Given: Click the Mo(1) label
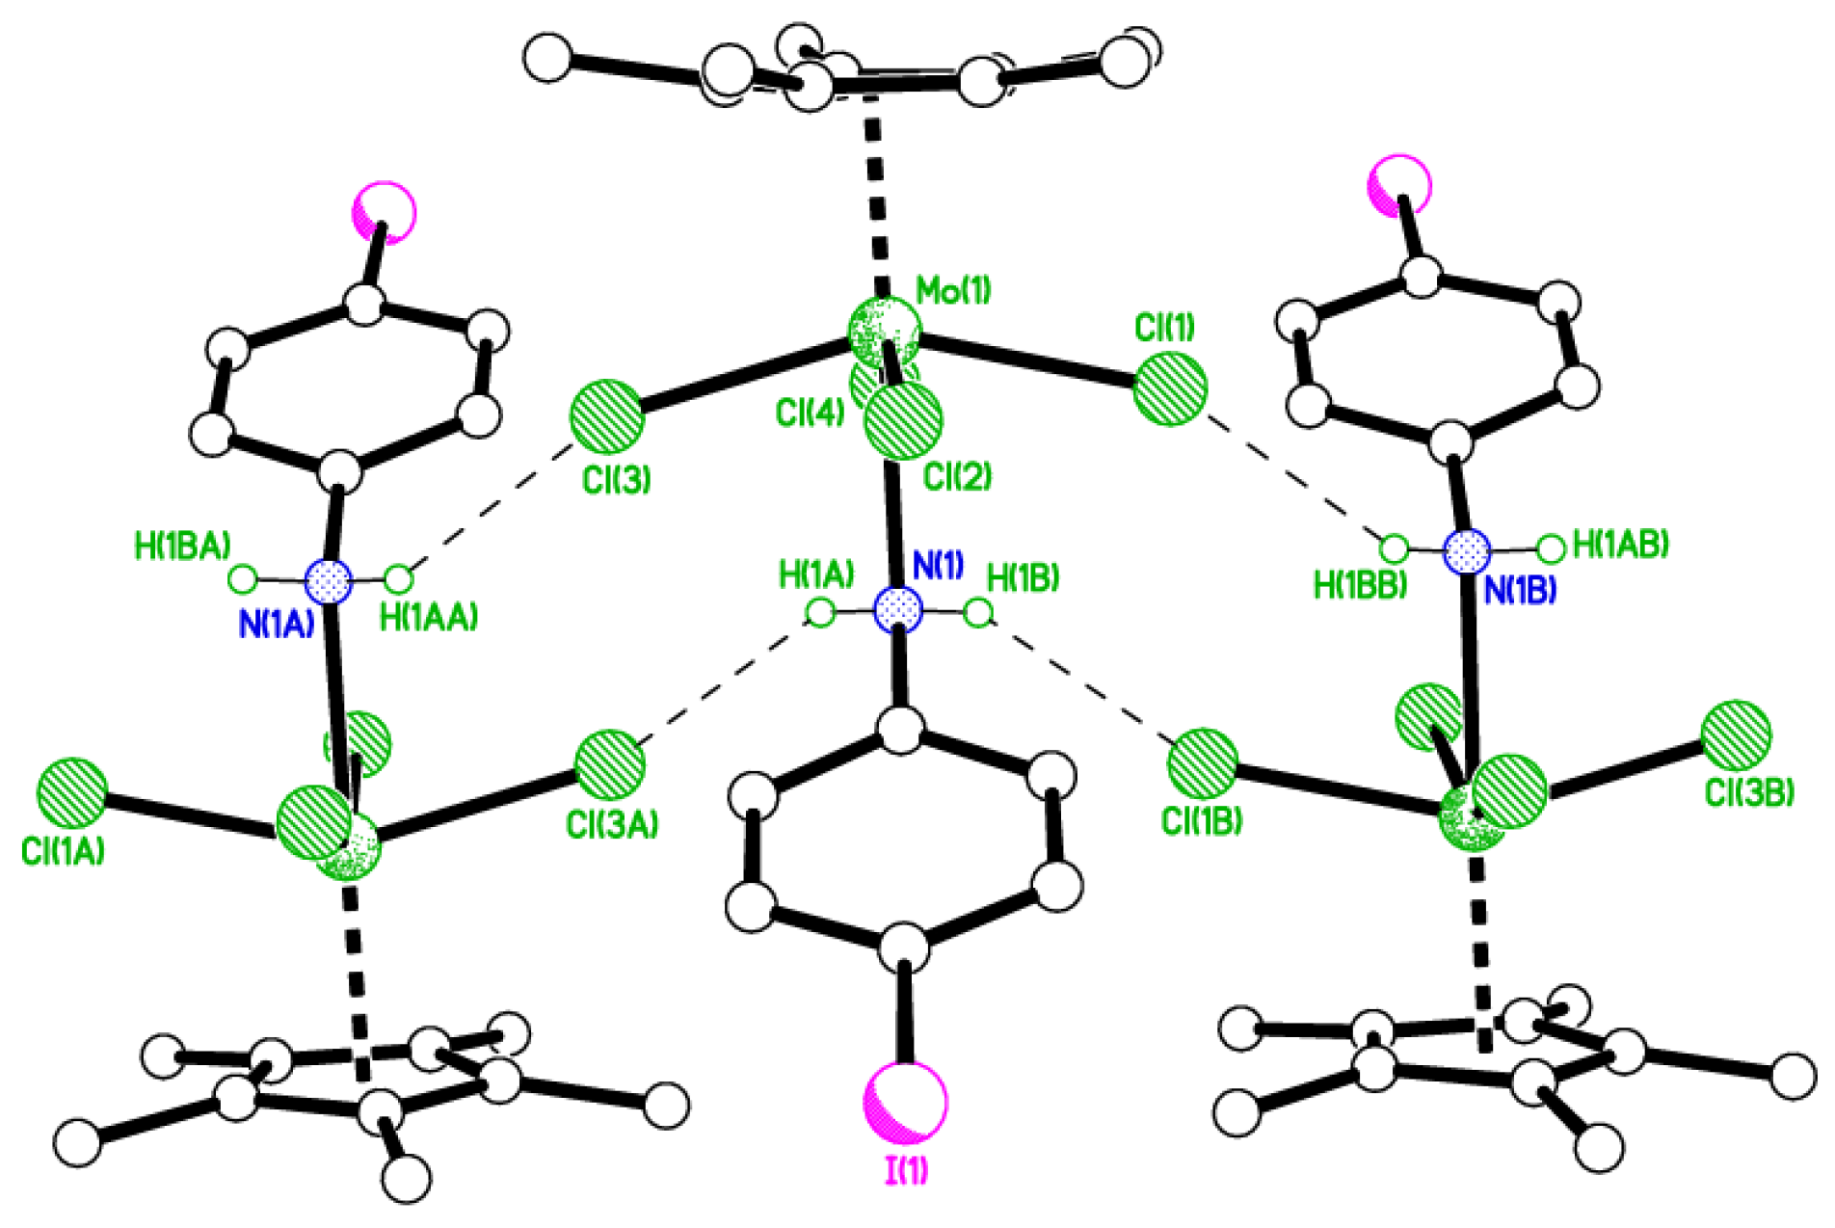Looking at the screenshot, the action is click(x=953, y=290).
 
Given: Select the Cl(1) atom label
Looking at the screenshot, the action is click(x=1164, y=329).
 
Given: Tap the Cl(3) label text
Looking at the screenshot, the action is click(x=617, y=479).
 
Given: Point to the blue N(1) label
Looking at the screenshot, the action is click(x=938, y=566).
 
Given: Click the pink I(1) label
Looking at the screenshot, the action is click(x=906, y=1170).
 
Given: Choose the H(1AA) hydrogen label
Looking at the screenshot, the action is click(x=429, y=618).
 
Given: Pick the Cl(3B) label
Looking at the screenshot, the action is click(x=1749, y=792).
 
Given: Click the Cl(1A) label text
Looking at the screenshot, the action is click(x=64, y=851).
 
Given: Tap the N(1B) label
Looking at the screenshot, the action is click(x=1520, y=591).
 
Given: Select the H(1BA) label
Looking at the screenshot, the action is click(x=182, y=547).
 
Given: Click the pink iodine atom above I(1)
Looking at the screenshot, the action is click(x=906, y=1102).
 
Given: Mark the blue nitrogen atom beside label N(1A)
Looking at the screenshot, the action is click(x=329, y=581).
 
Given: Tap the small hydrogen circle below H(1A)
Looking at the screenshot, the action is click(x=820, y=612).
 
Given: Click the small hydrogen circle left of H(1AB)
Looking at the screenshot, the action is click(x=1551, y=549).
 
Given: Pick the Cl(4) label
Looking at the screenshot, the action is click(x=810, y=414).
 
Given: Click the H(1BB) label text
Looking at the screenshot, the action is click(x=1360, y=585).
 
